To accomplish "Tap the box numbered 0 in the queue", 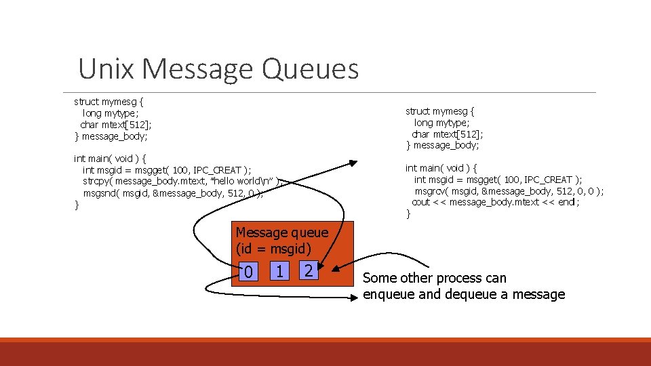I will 248,272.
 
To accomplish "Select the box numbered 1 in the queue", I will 278,271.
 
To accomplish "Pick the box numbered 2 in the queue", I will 308,271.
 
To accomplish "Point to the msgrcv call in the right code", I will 431,191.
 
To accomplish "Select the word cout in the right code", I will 421,203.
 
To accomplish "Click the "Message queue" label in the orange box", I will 282,232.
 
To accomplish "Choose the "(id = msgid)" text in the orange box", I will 273,248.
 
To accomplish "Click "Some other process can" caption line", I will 435,278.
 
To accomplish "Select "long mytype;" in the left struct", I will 111,113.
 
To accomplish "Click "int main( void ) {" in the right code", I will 441,168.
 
